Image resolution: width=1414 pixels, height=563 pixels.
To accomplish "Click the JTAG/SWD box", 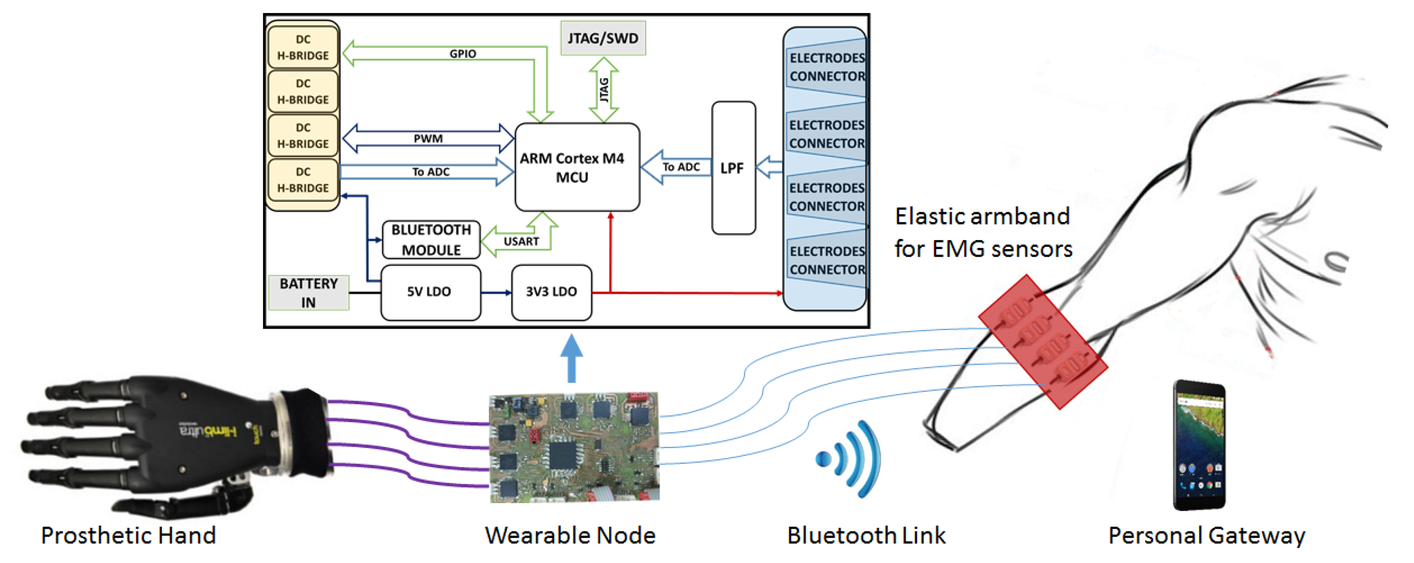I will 603,38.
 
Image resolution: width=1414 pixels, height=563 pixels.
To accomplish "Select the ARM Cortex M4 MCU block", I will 577,167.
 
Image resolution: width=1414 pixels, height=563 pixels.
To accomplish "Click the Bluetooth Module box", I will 431,239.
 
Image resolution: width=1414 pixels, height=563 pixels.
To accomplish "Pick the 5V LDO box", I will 430,292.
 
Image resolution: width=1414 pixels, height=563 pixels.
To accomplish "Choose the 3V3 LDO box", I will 551,292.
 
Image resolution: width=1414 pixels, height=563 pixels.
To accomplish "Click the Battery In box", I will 309,292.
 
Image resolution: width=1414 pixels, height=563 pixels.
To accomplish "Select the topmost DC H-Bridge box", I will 303,47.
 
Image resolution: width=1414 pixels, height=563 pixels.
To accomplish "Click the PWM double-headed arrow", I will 428,139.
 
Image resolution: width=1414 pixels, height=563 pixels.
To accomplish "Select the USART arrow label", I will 521,241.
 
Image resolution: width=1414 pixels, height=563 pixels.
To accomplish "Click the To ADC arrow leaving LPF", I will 678,167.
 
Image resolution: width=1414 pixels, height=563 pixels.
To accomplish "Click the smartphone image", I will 1200,444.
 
